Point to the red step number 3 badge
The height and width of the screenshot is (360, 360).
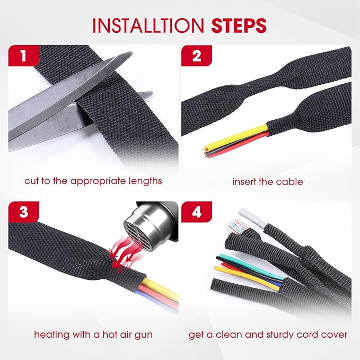[23, 212]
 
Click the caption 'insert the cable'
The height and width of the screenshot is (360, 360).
[268, 181]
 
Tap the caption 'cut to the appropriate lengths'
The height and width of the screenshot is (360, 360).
[93, 181]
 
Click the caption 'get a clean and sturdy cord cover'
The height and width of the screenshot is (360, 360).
[268, 335]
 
